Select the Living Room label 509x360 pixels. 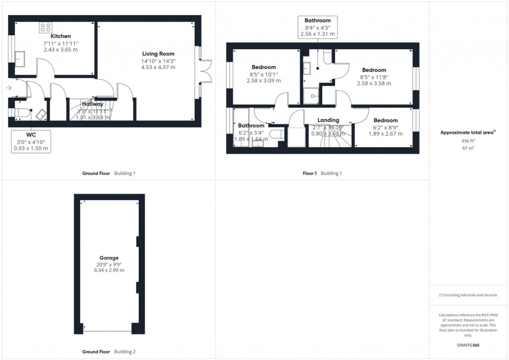pyautogui.click(x=158, y=54)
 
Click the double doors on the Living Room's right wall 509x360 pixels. pyautogui.click(x=206, y=71)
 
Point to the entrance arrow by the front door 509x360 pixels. pyautogui.click(x=8, y=88)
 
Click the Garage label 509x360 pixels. pyautogui.click(x=109, y=258)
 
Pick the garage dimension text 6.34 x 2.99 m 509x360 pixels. pyautogui.click(x=109, y=270)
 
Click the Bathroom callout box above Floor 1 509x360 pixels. pyautogui.click(x=317, y=28)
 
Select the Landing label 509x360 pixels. pyautogui.click(x=328, y=120)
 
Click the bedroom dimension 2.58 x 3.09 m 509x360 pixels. pyautogui.click(x=263, y=81)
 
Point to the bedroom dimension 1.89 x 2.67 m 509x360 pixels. pyautogui.click(x=385, y=134)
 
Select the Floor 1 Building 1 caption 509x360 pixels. pyautogui.click(x=322, y=173)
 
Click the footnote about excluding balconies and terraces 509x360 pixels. pyautogui.click(x=468, y=295)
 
